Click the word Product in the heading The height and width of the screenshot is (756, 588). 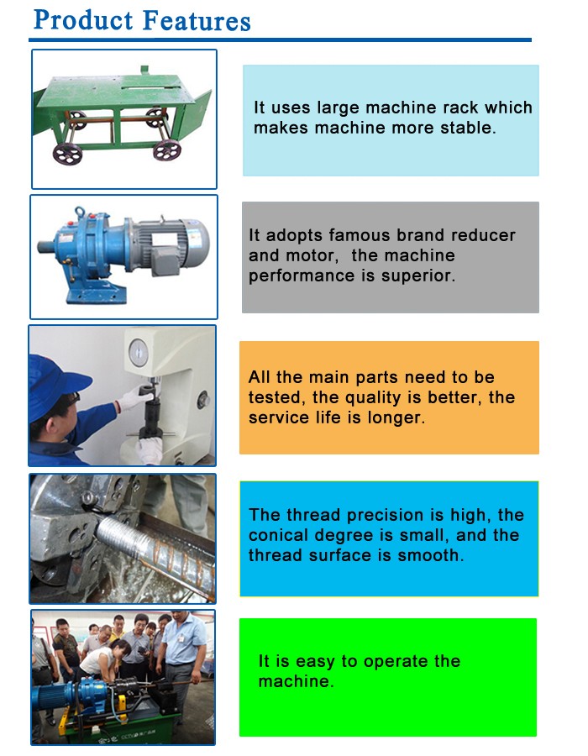click(83, 21)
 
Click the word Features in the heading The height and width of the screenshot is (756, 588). click(197, 21)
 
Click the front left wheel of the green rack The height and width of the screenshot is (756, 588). click(67, 154)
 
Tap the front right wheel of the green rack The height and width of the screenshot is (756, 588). click(167, 150)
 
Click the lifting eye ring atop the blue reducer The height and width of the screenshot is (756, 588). click(80, 213)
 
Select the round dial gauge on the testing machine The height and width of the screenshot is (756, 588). click(139, 353)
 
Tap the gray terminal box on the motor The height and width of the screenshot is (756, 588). click(165, 260)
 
